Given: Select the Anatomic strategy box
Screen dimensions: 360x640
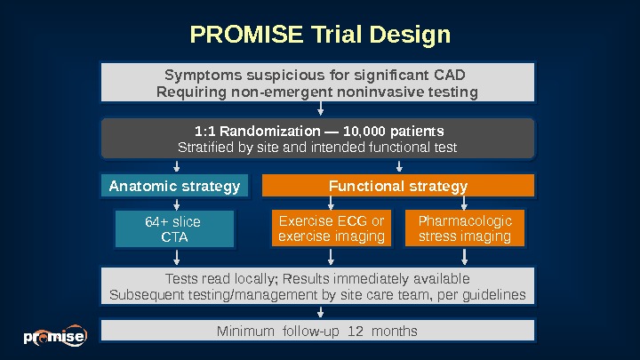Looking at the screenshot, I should pos(174,186).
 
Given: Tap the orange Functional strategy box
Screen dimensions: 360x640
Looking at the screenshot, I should pos(398,186).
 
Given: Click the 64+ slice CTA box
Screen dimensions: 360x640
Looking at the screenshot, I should pos(174,229).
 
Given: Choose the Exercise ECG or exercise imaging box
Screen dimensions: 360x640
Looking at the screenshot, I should pos(332,228).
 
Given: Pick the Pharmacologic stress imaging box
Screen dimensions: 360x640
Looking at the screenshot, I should pos(465,228).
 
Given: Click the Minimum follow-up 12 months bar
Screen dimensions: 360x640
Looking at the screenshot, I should pos(318,331).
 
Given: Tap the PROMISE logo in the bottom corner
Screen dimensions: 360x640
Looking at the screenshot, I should pos(54,337).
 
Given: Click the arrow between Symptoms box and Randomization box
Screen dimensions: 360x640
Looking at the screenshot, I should pos(320,108).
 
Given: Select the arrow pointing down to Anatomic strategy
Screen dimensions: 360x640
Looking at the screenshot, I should pos(177,165).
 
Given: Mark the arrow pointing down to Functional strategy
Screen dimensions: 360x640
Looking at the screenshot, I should pos(398,165).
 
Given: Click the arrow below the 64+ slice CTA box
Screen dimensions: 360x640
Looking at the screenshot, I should pos(177,257).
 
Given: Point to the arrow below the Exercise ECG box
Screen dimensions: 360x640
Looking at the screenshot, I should pos(332,257).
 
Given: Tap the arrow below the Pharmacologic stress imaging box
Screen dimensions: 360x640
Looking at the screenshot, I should pos(465,257).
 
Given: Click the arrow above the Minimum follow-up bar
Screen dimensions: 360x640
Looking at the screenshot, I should pos(320,312).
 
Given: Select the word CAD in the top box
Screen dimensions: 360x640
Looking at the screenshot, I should pos(449,74).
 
